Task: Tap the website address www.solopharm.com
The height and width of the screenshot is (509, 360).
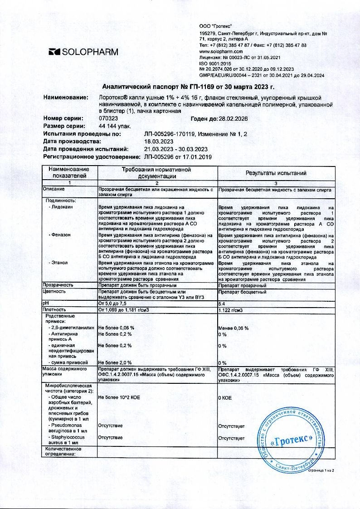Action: (x=222, y=52)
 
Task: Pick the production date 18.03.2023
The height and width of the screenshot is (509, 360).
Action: (x=158, y=142)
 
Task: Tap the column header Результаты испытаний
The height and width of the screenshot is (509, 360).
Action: (x=276, y=173)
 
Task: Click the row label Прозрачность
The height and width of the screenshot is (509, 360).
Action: (x=58, y=285)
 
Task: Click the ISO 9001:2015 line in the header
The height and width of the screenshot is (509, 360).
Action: (x=215, y=64)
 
